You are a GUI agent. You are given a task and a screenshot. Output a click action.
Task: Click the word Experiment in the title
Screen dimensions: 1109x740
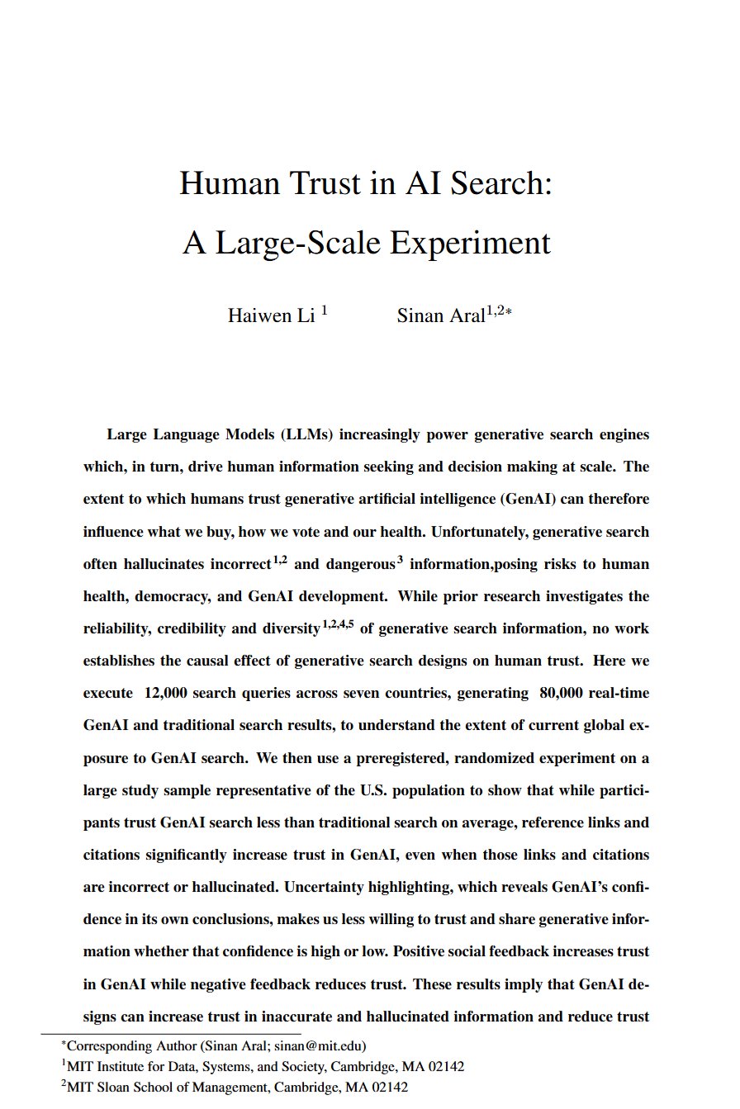[470, 243]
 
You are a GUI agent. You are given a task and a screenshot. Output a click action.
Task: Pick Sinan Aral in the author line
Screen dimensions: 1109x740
[440, 315]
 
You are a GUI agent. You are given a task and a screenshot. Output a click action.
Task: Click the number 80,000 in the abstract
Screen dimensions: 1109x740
[561, 694]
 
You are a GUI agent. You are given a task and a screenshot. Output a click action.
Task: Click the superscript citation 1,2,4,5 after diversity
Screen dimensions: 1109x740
[338, 625]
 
